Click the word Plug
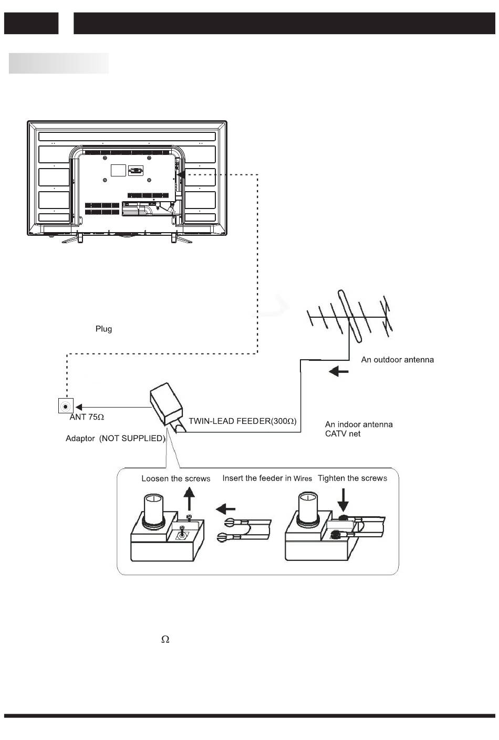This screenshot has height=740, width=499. [x=104, y=329]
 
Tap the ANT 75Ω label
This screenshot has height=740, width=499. [x=87, y=417]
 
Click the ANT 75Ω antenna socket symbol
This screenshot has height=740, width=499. [x=66, y=406]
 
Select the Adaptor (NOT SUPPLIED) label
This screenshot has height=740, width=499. [x=116, y=439]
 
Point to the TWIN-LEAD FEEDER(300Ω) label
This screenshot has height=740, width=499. [x=243, y=421]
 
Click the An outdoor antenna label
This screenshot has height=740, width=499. [x=397, y=360]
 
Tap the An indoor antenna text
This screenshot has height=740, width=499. [x=359, y=424]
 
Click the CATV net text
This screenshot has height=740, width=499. [x=342, y=434]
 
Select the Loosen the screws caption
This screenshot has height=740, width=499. [x=176, y=478]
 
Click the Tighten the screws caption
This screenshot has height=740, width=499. [x=352, y=478]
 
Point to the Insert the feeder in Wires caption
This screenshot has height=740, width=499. [x=267, y=478]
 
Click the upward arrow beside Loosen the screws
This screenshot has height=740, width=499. [x=189, y=499]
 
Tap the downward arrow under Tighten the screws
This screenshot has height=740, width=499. [x=344, y=500]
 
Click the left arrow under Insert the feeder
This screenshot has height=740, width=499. [x=225, y=509]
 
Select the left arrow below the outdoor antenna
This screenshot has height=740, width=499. [x=338, y=372]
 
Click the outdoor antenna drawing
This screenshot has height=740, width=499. [x=350, y=317]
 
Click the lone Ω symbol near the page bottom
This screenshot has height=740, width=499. [x=165, y=640]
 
